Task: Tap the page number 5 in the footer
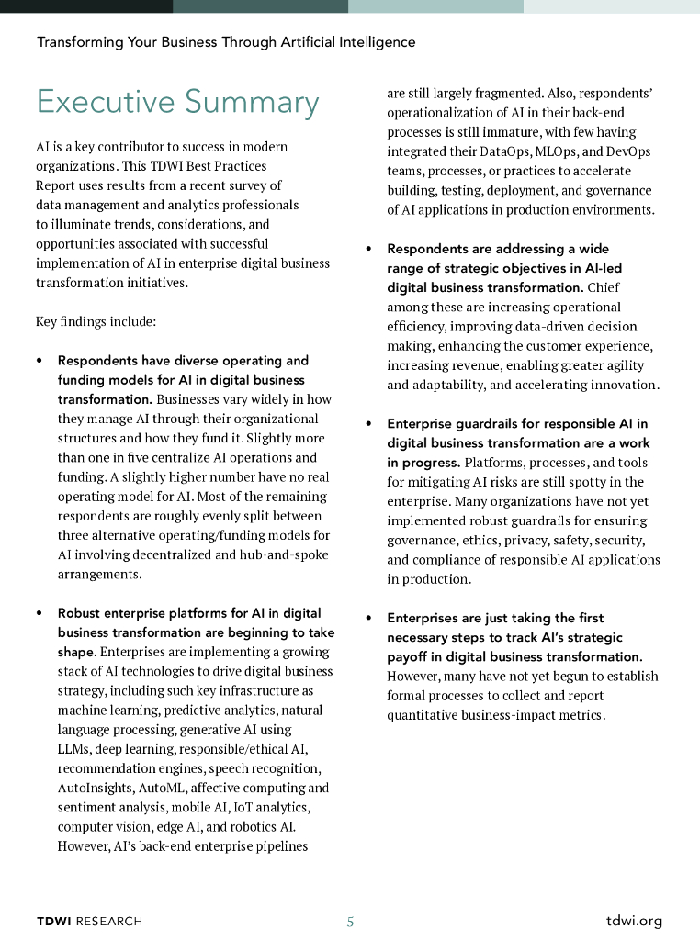click(x=350, y=922)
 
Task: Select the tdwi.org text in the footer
click(x=634, y=921)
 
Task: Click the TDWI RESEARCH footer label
click(x=89, y=921)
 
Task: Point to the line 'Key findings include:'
click(x=96, y=322)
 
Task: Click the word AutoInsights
click(x=95, y=788)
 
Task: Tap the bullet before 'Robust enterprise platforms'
click(x=39, y=613)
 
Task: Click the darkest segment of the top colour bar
click(x=86, y=6)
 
